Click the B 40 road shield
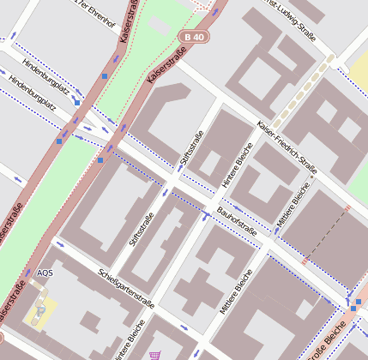pyautogui.click(x=194, y=37)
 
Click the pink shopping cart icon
pyautogui.click(x=154, y=354)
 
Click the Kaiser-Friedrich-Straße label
pyautogui.click(x=287, y=149)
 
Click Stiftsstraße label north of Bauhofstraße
pyautogui.click(x=191, y=153)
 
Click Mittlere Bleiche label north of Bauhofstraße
pyautogui.click(x=293, y=205)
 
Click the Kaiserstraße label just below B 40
pyautogui.click(x=165, y=65)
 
